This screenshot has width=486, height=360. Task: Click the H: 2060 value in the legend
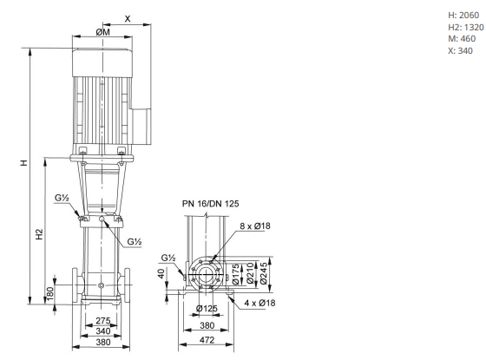pos(463,15)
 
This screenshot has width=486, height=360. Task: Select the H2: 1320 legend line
pos(466,27)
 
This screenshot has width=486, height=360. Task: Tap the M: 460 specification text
pos(462,39)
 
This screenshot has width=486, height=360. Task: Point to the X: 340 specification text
pos(460,50)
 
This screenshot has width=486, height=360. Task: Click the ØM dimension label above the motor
pos(102,32)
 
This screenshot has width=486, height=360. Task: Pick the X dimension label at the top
pos(128,19)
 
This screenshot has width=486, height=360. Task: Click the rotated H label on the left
pos(24,163)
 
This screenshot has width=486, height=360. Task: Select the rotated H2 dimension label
pos(39,234)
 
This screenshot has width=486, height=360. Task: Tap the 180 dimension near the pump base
pos(49,294)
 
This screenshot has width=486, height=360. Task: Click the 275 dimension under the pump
pos(103,320)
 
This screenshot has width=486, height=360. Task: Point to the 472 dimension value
pos(207,340)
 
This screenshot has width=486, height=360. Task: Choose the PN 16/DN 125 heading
pos(210,204)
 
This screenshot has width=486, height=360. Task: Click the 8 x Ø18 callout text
pos(255,226)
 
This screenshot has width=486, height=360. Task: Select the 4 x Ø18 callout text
pos(259,303)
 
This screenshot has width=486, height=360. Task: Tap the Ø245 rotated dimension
pos(264,273)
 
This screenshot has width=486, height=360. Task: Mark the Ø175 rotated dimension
pos(235,274)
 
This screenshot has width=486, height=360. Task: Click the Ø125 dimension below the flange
pos(207,308)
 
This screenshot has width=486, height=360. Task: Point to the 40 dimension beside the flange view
pos(161,273)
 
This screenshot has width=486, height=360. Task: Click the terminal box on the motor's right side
pos(141,126)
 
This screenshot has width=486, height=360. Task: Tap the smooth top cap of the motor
pos(102,62)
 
